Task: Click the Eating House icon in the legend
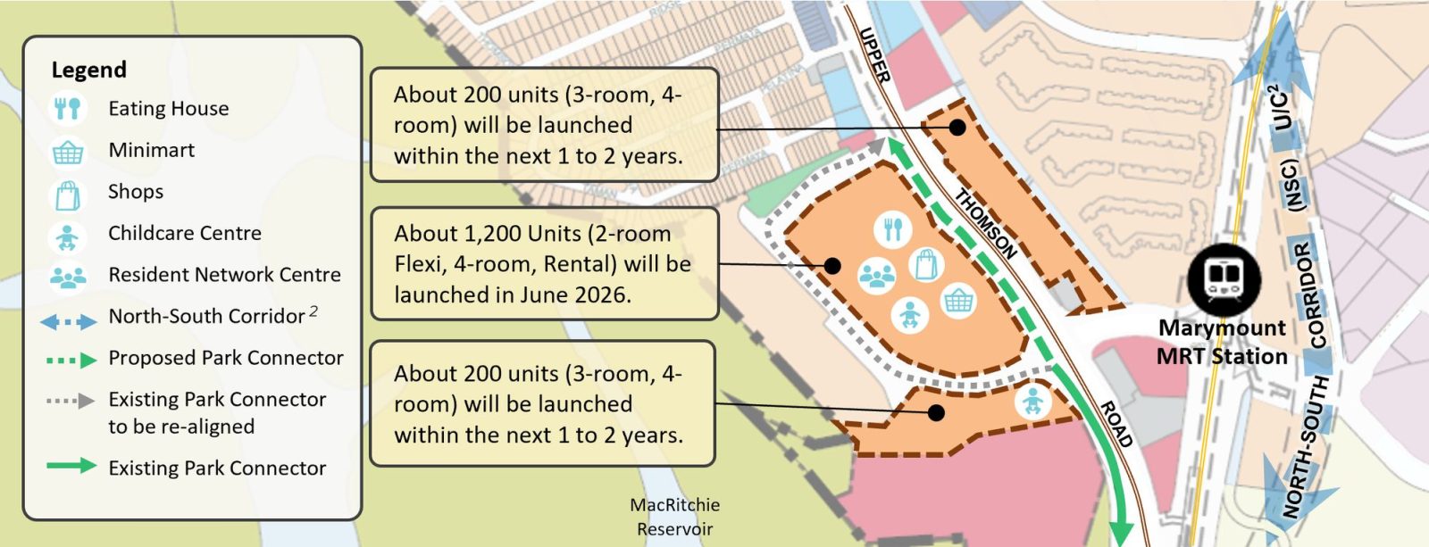(x=68, y=109)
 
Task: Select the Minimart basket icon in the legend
(x=68, y=151)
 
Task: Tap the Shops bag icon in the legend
(x=68, y=193)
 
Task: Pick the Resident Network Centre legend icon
(x=68, y=276)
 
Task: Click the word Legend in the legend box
(x=88, y=70)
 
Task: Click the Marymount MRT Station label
(x=1222, y=342)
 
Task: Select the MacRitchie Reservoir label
(x=674, y=517)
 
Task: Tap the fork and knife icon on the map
(x=892, y=229)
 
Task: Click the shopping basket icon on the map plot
(x=957, y=301)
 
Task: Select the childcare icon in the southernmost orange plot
(x=1032, y=401)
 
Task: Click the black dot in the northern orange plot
(x=957, y=128)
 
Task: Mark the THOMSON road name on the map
(x=986, y=223)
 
